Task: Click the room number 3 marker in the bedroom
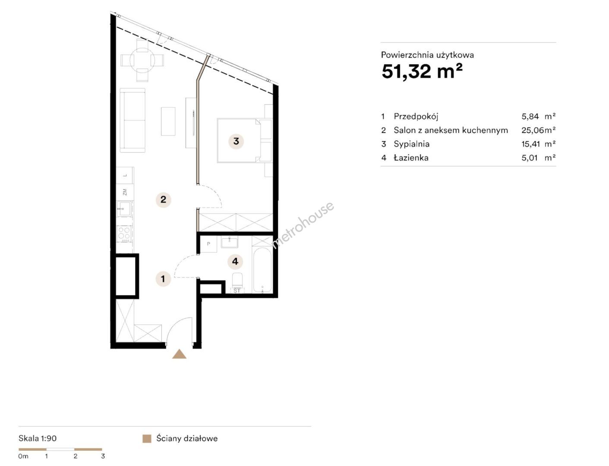236,142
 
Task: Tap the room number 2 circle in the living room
163,199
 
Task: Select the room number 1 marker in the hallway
163,279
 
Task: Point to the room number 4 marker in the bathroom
235,261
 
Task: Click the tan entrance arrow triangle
179,354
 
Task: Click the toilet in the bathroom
237,280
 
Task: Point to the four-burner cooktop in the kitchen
124,233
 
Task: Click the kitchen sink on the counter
124,208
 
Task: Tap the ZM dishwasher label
125,192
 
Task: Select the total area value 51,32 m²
422,71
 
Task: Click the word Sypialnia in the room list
411,144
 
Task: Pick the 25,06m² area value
538,130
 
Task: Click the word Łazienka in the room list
411,158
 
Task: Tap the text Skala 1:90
38,438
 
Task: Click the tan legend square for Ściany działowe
147,438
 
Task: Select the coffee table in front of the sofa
168,122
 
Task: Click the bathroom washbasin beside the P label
230,242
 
